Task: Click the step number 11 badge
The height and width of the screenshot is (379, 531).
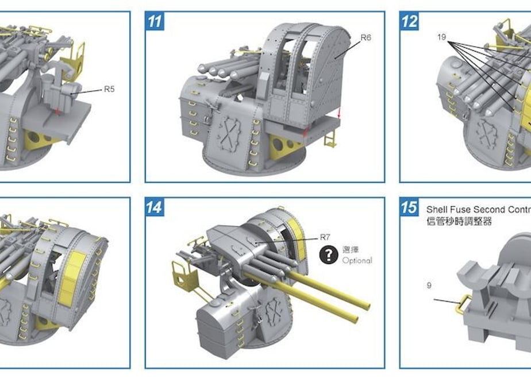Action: (155, 21)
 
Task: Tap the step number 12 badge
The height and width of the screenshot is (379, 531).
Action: (409, 21)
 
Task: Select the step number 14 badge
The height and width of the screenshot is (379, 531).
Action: (155, 207)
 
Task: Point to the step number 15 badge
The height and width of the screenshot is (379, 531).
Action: (409, 207)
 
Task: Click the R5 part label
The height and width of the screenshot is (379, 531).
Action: (109, 89)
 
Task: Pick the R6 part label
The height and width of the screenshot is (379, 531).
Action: (365, 37)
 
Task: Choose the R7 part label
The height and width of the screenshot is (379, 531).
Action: (325, 237)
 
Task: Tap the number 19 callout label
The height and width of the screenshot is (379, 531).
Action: (441, 37)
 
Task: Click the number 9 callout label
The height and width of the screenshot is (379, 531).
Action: (429, 285)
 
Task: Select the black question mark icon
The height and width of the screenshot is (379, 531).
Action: (329, 255)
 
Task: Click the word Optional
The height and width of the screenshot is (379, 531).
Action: (357, 261)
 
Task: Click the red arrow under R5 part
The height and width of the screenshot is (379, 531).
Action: (57, 111)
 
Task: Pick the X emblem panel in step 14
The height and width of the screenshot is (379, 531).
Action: (274, 310)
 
